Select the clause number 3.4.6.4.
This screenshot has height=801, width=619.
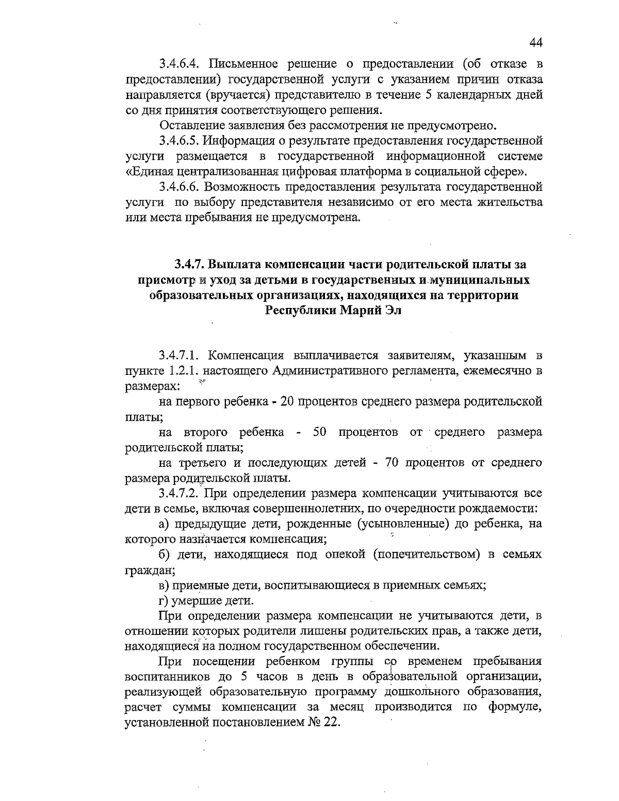[x=183, y=65]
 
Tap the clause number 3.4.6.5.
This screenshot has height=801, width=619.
[x=183, y=140]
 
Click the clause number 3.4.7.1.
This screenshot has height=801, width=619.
[x=183, y=355]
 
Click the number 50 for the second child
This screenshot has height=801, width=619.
[x=320, y=432]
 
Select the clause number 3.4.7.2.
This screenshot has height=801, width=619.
[x=183, y=494]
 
